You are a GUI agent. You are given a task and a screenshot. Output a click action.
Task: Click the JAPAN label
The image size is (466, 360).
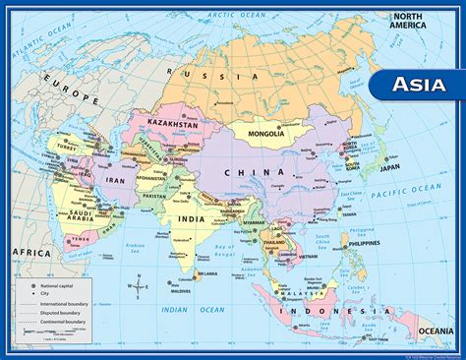(363, 168)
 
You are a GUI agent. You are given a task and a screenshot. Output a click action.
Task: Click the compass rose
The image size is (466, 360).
(141, 288)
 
